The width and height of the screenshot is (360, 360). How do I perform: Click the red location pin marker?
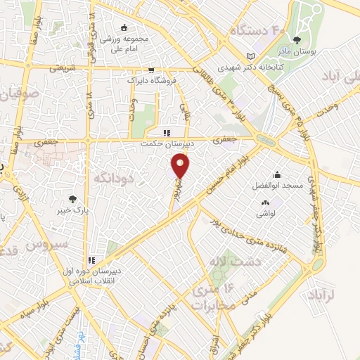coord(181,166)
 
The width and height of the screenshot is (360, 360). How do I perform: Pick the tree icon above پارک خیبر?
coord(72,199)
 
